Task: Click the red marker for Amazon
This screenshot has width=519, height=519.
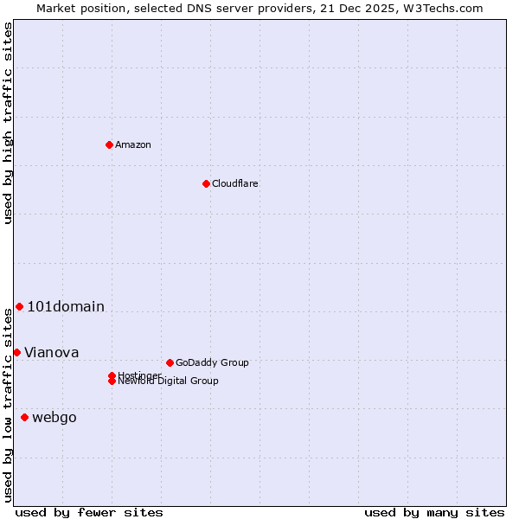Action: [x=109, y=144]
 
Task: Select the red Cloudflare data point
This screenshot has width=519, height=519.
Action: [x=206, y=183]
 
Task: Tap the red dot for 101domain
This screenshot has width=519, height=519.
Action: [x=19, y=307]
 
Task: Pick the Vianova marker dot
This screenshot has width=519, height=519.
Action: [x=16, y=352]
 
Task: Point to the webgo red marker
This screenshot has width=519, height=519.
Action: [x=24, y=418]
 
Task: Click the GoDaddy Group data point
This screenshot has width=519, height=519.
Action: [x=170, y=362]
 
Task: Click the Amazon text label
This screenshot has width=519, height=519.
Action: [x=133, y=144]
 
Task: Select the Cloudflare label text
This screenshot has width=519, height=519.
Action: [x=235, y=183]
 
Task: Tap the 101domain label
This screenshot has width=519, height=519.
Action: [x=66, y=307]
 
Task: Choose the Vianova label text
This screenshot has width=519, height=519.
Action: [x=52, y=352]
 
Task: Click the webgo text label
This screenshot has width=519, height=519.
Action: [x=54, y=418]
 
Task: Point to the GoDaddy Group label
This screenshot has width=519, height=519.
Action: [x=212, y=362]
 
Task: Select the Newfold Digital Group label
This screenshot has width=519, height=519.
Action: [x=169, y=381]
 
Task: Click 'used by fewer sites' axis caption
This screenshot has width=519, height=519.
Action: [x=89, y=512]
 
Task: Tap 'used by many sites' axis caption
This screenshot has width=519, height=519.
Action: [x=434, y=512]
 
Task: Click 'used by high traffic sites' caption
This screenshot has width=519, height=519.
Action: [x=8, y=123]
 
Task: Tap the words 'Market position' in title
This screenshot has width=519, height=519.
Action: [x=78, y=8]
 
